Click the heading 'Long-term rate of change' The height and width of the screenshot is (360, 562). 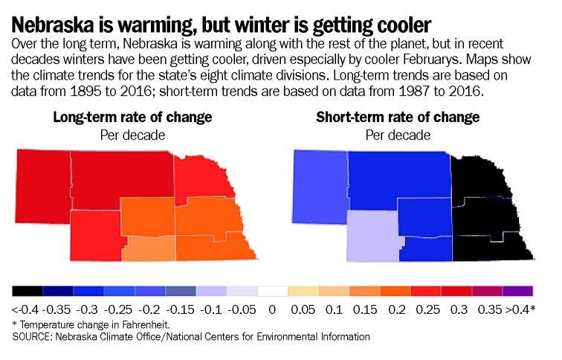coord(132,118)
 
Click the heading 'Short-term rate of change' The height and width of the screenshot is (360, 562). coord(398,118)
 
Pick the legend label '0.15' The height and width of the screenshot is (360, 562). coord(366,308)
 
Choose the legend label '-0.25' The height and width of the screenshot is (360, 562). coord(120,308)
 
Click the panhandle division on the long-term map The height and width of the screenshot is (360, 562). coord(42,179)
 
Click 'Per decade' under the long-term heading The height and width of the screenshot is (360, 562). coord(132,135)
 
